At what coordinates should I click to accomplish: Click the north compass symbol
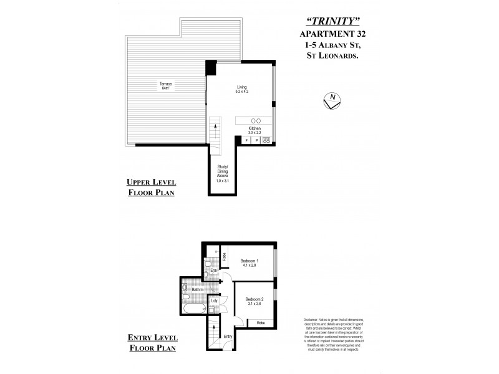[332, 100]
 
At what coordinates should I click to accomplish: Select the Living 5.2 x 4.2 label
[242, 89]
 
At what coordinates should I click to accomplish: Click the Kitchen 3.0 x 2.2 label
[254, 130]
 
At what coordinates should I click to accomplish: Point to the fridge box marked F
[246, 141]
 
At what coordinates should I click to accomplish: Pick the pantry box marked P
[256, 141]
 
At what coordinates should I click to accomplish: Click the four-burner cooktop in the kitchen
[266, 140]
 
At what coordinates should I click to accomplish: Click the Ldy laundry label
[214, 301]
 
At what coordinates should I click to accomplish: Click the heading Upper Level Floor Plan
[151, 187]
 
